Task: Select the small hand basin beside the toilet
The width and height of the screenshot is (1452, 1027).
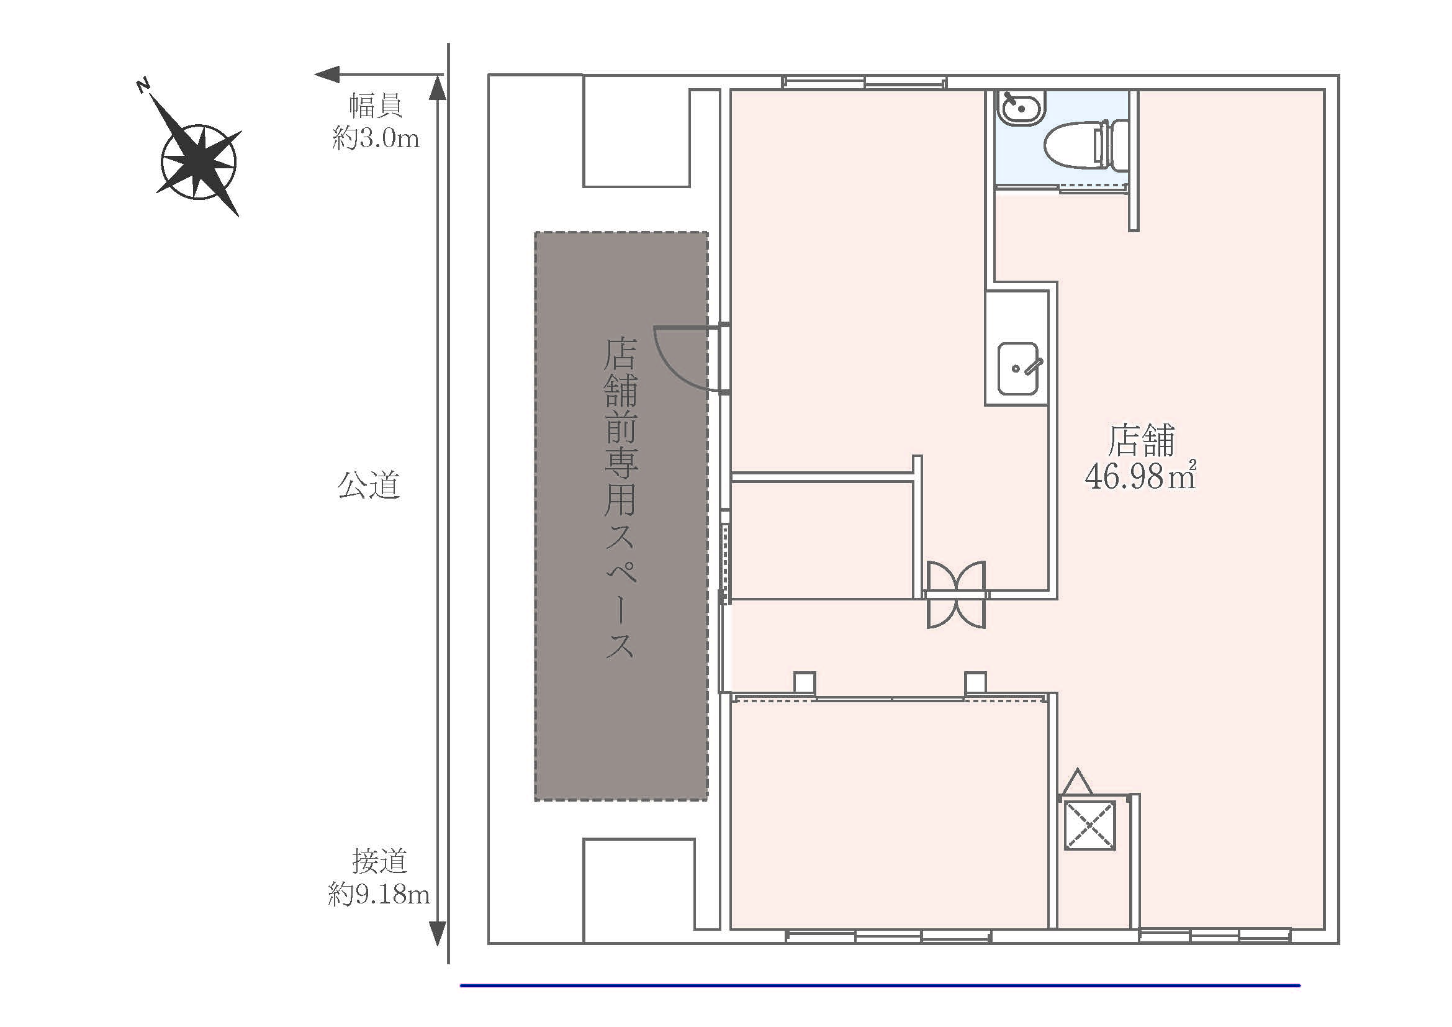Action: pos(1021,108)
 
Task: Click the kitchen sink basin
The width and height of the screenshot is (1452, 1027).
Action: pos(1018,369)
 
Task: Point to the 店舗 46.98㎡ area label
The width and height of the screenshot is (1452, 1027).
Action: pos(1141,458)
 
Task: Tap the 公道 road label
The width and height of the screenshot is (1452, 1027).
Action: pos(369,485)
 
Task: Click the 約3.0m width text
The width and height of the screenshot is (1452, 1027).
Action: pos(376,138)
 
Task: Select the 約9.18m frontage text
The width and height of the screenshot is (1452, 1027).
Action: pos(379,894)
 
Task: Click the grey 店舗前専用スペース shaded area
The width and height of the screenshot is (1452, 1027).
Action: pos(621,516)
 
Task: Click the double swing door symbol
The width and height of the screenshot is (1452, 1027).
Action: pos(955,594)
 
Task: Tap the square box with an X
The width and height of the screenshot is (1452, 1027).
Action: pos(1089,825)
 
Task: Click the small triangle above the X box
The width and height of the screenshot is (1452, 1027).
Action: pos(1077,782)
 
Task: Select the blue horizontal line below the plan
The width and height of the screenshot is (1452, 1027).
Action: pos(880,985)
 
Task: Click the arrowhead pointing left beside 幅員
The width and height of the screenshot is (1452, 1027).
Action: pos(328,75)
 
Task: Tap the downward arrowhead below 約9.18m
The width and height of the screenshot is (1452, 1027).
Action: pos(437,933)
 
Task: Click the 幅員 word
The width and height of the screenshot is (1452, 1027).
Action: pos(376,106)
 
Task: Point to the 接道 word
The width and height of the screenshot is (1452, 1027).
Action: pos(379,861)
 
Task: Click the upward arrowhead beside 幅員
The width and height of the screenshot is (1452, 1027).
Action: pos(437,88)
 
